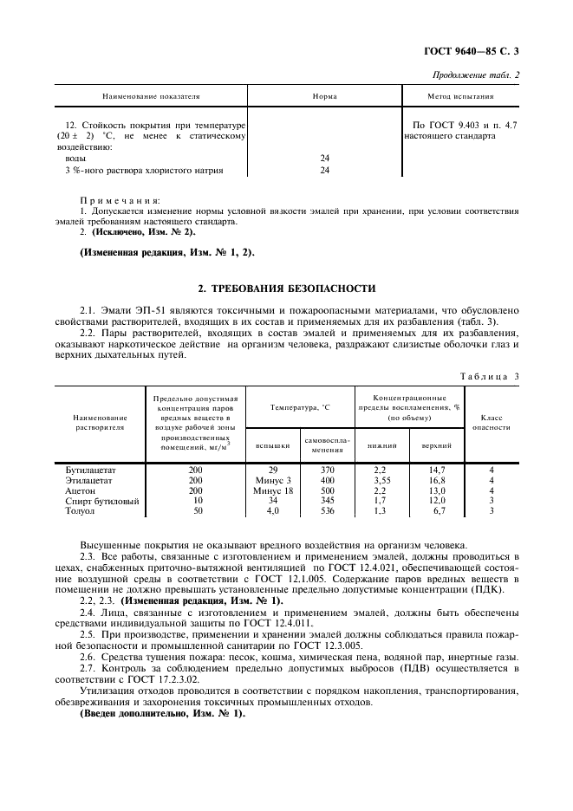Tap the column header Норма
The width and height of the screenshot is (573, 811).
pyautogui.click(x=324, y=97)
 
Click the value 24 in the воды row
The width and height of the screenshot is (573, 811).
pyautogui.click(x=325, y=159)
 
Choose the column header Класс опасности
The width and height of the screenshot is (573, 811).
pyautogui.click(x=492, y=422)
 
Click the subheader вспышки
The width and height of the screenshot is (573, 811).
pyautogui.click(x=273, y=445)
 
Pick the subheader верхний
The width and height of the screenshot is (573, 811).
pyautogui.click(x=436, y=445)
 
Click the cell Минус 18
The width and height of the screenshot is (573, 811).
pyautogui.click(x=273, y=490)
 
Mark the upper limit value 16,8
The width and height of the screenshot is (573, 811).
pyautogui.click(x=437, y=480)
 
